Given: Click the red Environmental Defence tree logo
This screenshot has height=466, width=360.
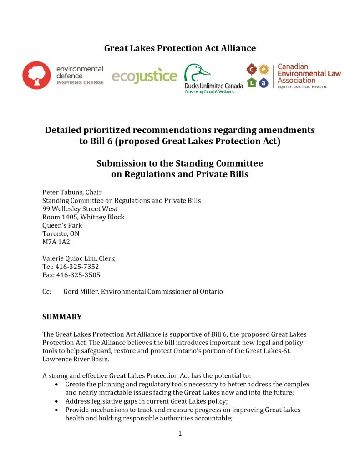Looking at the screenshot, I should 36,75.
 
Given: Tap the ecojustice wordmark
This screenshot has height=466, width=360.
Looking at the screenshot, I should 144,76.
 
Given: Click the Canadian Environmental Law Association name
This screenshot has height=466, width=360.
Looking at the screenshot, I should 309,73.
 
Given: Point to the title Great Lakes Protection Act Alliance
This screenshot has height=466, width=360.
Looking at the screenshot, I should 180,48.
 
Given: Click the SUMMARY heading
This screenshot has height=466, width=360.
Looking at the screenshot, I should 62,317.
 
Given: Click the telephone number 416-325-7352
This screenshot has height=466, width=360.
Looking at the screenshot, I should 77,267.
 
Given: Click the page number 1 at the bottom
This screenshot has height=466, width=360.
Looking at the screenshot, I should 180,434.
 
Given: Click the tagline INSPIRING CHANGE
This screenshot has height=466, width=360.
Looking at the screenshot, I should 80,83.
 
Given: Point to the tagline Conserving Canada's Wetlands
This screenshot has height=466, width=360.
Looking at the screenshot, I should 209,92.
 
